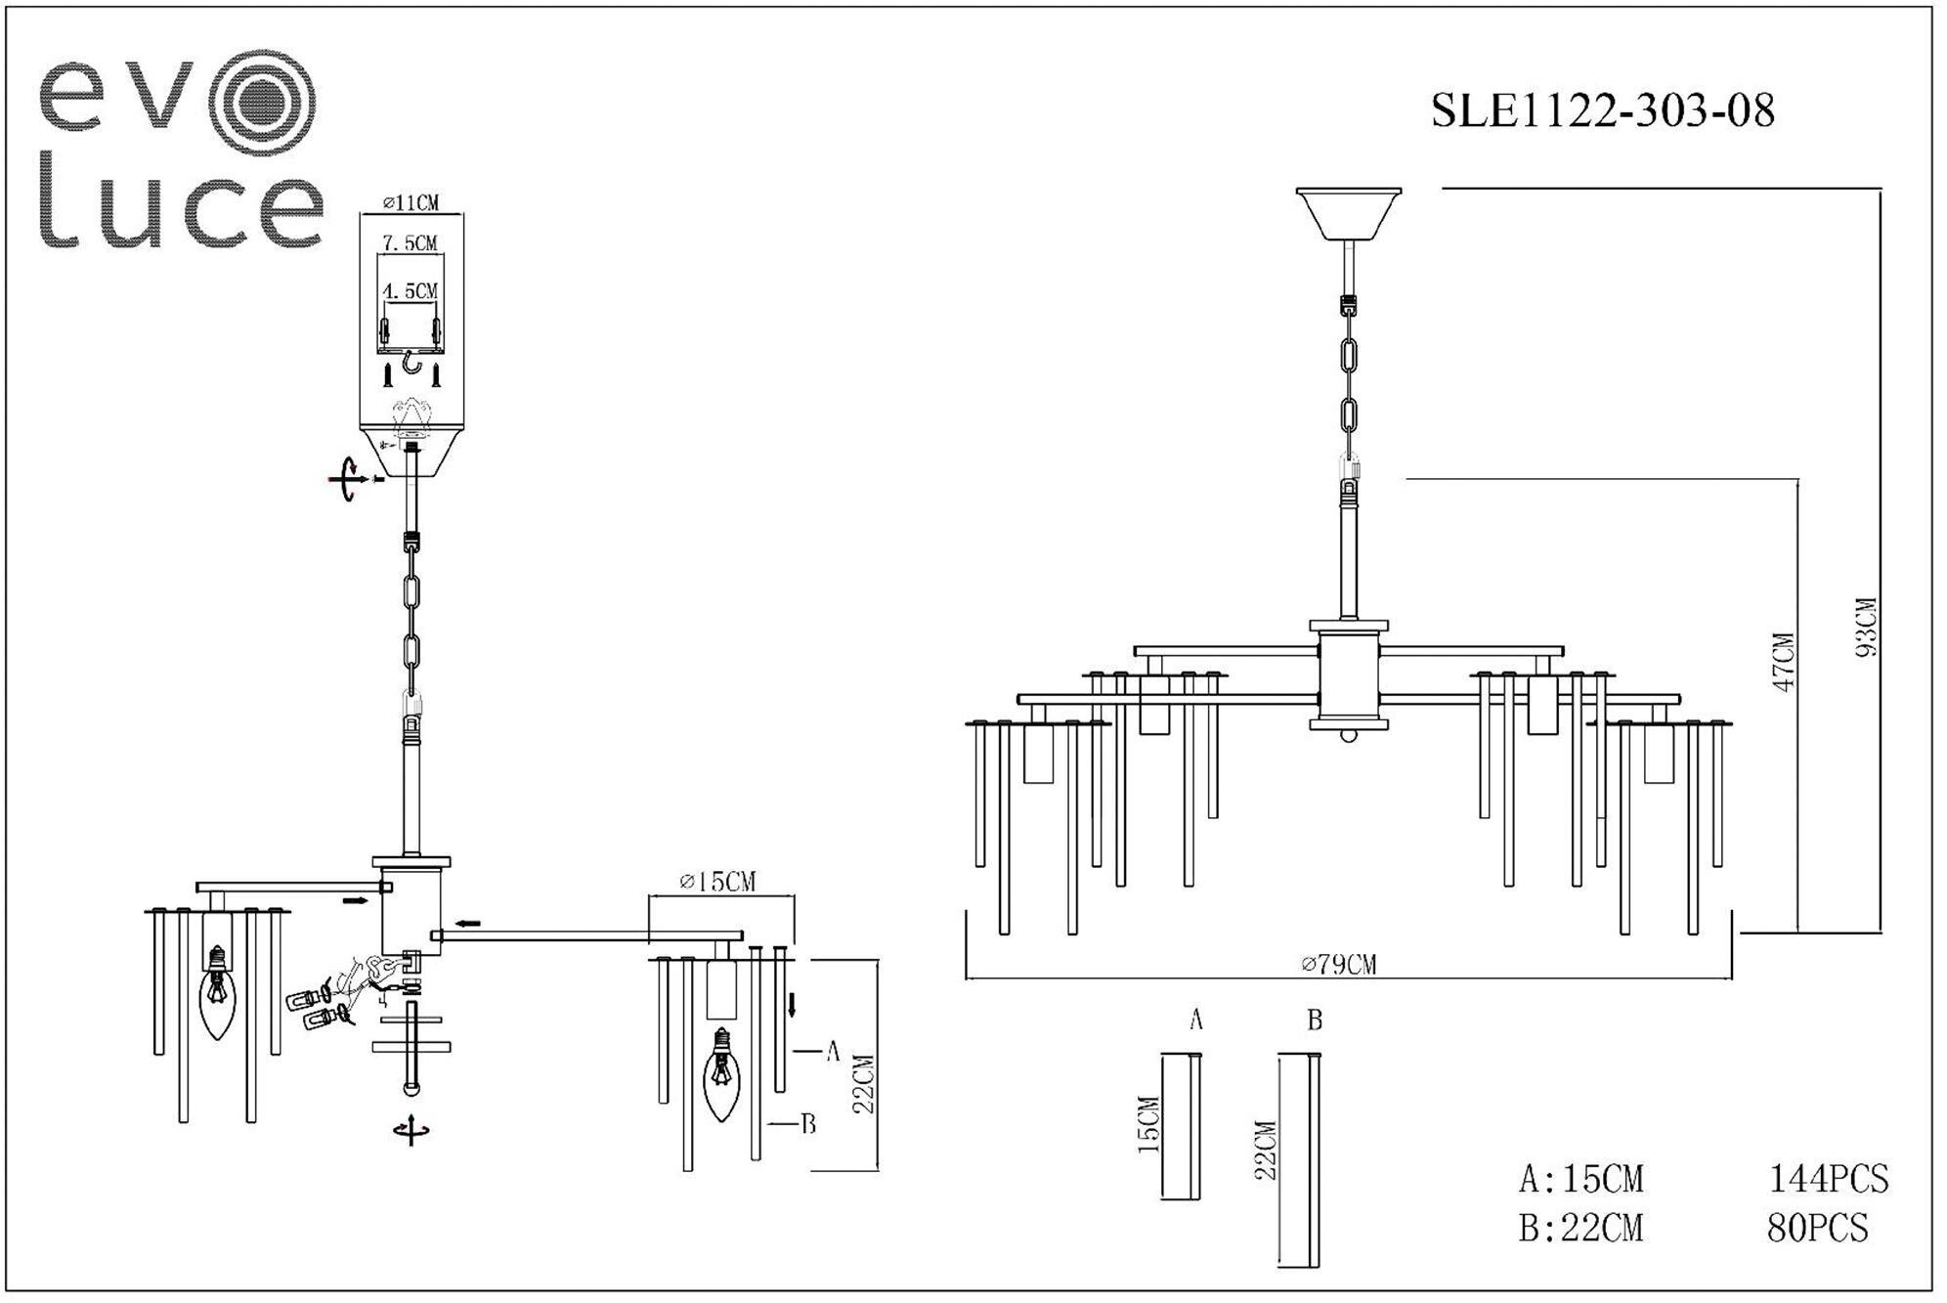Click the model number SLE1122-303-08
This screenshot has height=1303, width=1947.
coord(1602,110)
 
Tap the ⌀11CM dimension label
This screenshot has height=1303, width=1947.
coord(411,202)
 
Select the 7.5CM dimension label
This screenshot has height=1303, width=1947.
coord(410,242)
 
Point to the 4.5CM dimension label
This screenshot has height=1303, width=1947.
coord(410,290)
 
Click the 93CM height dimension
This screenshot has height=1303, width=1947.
coord(1866,627)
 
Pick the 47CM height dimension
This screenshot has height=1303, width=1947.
coord(1784,662)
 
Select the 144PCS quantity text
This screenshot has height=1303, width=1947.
coord(1828,1180)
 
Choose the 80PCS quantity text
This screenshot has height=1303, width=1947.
coord(1817,1228)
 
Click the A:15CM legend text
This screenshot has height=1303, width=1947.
coord(1580,1180)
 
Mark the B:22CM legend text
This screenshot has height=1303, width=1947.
coord(1580,1228)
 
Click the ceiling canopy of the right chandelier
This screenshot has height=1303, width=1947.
coord(1348,214)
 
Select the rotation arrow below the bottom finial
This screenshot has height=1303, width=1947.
coord(411,1130)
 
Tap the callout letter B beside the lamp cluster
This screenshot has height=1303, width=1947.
coord(808,1124)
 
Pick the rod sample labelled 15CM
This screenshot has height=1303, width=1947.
coord(1181,1125)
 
